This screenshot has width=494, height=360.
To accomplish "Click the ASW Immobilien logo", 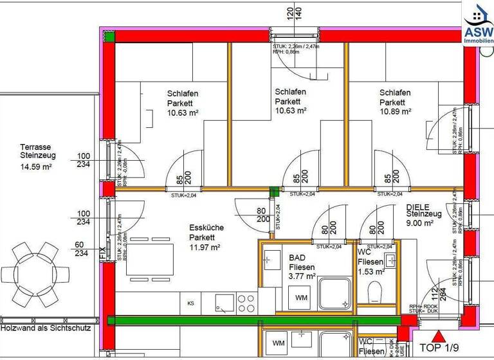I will [x=478, y=24].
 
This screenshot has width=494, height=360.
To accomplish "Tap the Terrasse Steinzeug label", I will [x=38, y=151].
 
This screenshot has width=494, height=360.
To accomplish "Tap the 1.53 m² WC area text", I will [x=370, y=272].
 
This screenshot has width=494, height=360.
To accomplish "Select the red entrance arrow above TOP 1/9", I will [x=439, y=335].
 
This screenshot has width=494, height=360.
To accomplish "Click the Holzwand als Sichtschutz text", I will [x=46, y=328].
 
